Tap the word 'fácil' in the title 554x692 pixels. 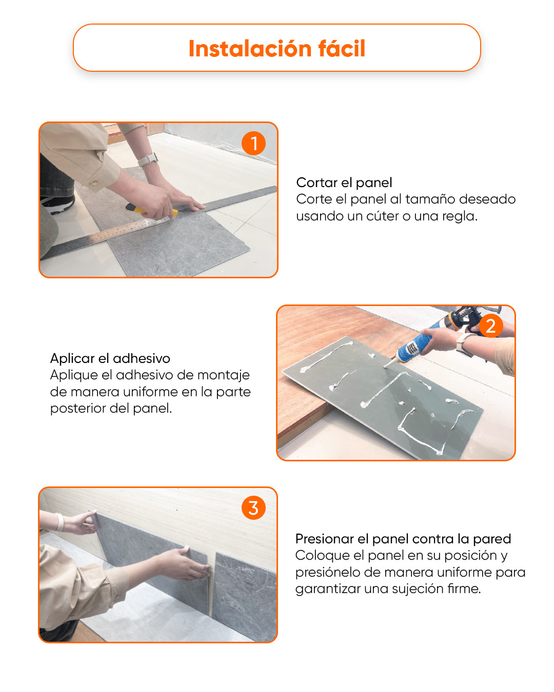coord(342,49)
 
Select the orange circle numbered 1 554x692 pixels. coord(253,144)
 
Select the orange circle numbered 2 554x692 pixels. coord(490,326)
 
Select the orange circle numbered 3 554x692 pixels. coord(253,508)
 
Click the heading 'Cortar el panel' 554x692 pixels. coord(344,182)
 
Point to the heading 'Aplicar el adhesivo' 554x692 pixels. coord(110,358)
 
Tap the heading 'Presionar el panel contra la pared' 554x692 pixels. coord(403,539)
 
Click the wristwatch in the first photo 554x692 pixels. coord(148,159)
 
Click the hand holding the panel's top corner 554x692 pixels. coord(80,523)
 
